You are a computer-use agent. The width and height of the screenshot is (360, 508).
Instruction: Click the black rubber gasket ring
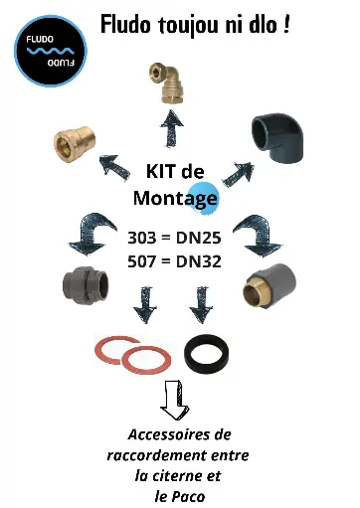click(x=211, y=352)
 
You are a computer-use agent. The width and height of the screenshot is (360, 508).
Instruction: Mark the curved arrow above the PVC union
click(x=89, y=234)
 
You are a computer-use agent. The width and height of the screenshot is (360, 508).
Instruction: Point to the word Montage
click(x=175, y=198)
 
